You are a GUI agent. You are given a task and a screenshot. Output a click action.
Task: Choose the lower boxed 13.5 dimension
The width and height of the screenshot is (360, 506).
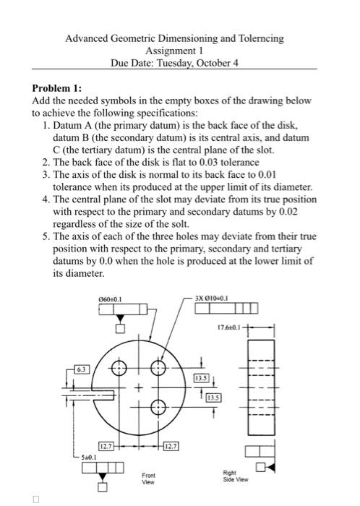point(215,397)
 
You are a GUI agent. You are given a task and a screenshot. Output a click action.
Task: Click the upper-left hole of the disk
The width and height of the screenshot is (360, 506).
point(120,369)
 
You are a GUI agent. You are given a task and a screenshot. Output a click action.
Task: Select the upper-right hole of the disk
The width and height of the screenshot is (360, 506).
point(155,369)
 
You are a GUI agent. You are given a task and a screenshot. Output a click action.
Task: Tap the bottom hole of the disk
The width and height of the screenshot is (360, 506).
point(155,408)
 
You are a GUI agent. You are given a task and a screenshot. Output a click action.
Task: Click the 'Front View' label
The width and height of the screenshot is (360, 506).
point(148,478)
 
